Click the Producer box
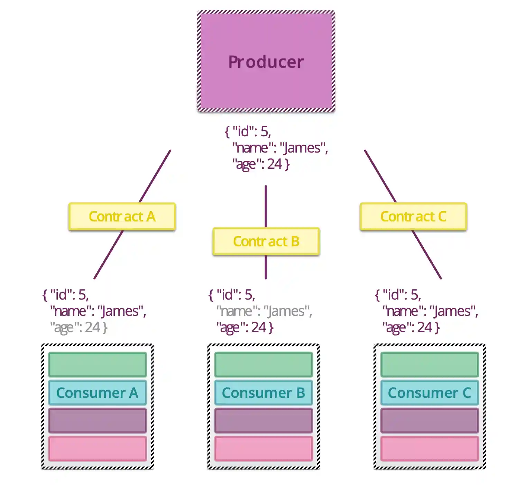pos(266,61)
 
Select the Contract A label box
pos(122,217)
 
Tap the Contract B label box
pos(266,241)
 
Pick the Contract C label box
pos(413,217)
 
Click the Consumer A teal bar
pos(98,393)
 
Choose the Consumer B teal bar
pos(264,393)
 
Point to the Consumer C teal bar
pos(430,393)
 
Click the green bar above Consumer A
pos(98,364)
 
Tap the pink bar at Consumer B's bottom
pos(264,449)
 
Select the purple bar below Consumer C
pos(430,421)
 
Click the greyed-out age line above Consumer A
pos(79,327)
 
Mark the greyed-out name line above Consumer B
pos(264,311)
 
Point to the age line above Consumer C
pos(411,327)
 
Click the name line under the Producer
pos(280,148)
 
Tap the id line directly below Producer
pos(248,131)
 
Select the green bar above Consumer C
pos(430,364)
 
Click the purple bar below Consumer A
pos(98,421)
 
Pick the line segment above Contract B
pos(266,206)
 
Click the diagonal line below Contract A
pos(108,255)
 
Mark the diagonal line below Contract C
pos(426,255)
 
